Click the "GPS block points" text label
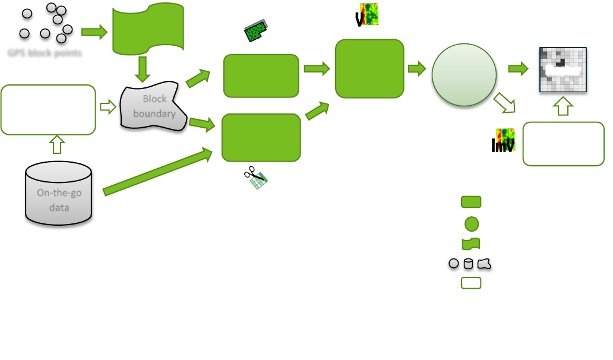click(x=45, y=53)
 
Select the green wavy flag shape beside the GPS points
click(x=148, y=29)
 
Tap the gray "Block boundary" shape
click(x=153, y=107)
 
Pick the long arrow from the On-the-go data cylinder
click(x=158, y=172)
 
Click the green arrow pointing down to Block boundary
click(x=142, y=69)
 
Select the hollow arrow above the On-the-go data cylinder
click(x=57, y=144)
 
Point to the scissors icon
click(x=257, y=178)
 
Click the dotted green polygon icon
click(x=257, y=31)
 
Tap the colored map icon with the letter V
click(x=367, y=15)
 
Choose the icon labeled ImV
click(x=503, y=141)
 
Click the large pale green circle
click(x=464, y=75)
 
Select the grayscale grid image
click(x=563, y=70)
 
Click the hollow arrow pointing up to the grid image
click(x=563, y=107)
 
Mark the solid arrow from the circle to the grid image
click(x=518, y=69)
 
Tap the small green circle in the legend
click(x=471, y=224)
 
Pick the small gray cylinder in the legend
click(x=469, y=263)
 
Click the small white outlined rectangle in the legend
click(x=471, y=283)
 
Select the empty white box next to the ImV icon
click(x=563, y=144)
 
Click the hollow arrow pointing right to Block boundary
click(x=108, y=107)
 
